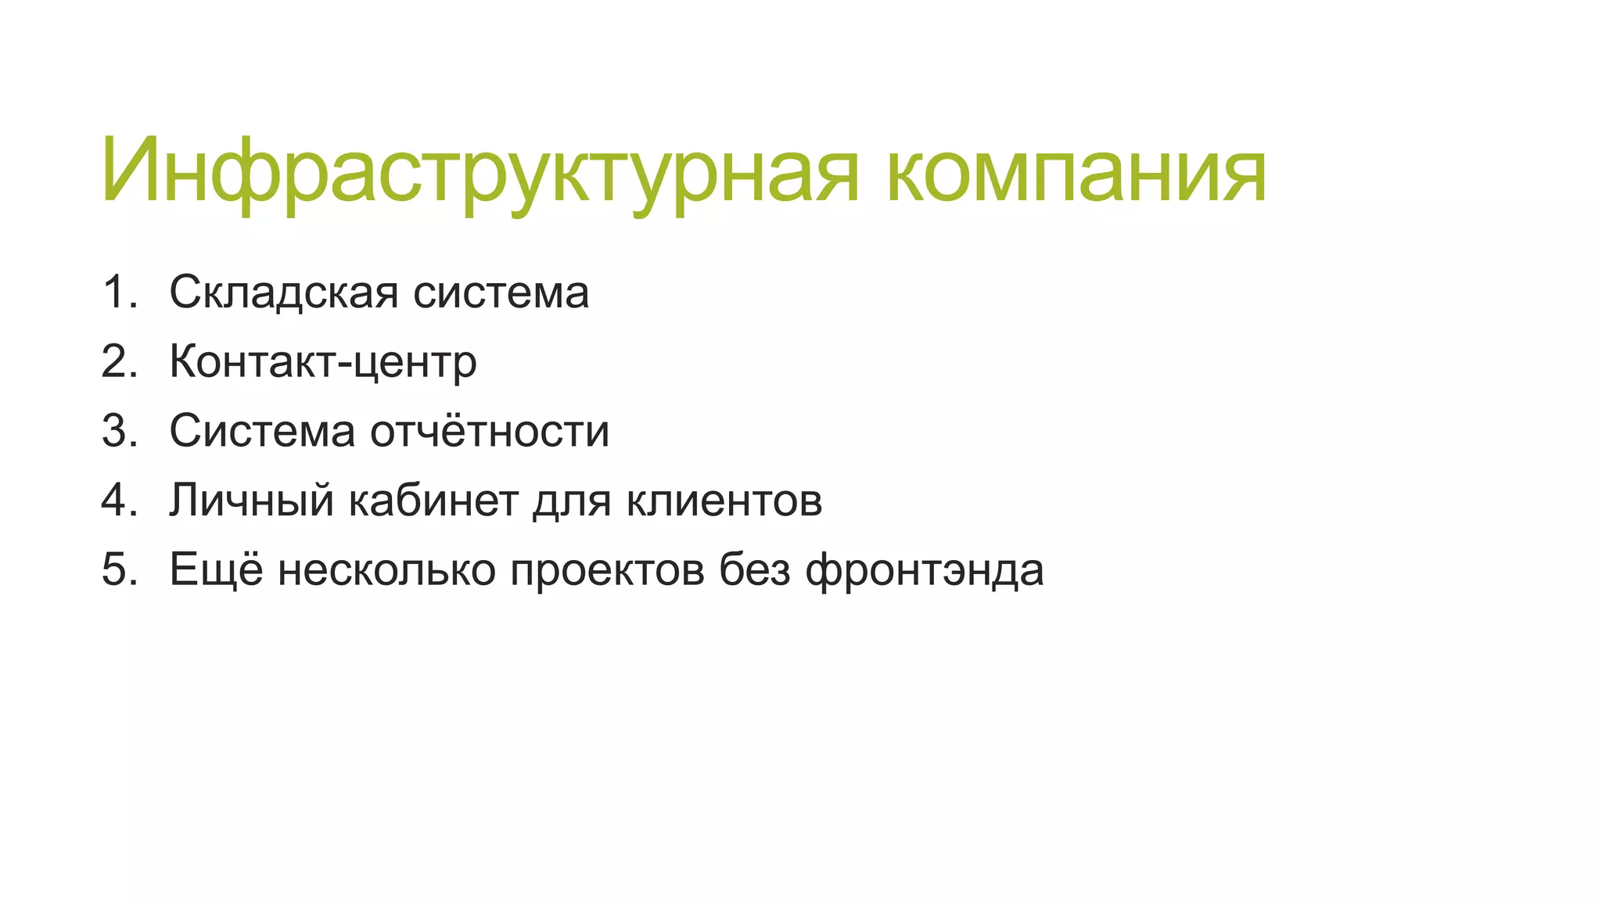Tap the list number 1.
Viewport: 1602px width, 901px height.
point(119,293)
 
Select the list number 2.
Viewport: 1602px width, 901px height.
point(119,361)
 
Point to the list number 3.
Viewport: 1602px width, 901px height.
point(119,431)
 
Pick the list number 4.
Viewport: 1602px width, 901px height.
point(119,500)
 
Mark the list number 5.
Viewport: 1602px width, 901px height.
point(119,569)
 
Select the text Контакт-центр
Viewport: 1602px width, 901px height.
point(322,362)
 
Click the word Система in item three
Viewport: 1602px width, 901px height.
point(262,431)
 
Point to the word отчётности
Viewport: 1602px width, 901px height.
point(490,431)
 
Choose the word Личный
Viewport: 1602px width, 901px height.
point(252,501)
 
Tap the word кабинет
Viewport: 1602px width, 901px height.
point(433,501)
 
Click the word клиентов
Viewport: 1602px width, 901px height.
point(724,501)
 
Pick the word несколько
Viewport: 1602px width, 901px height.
point(386,569)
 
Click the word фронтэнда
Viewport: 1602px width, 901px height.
point(925,570)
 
